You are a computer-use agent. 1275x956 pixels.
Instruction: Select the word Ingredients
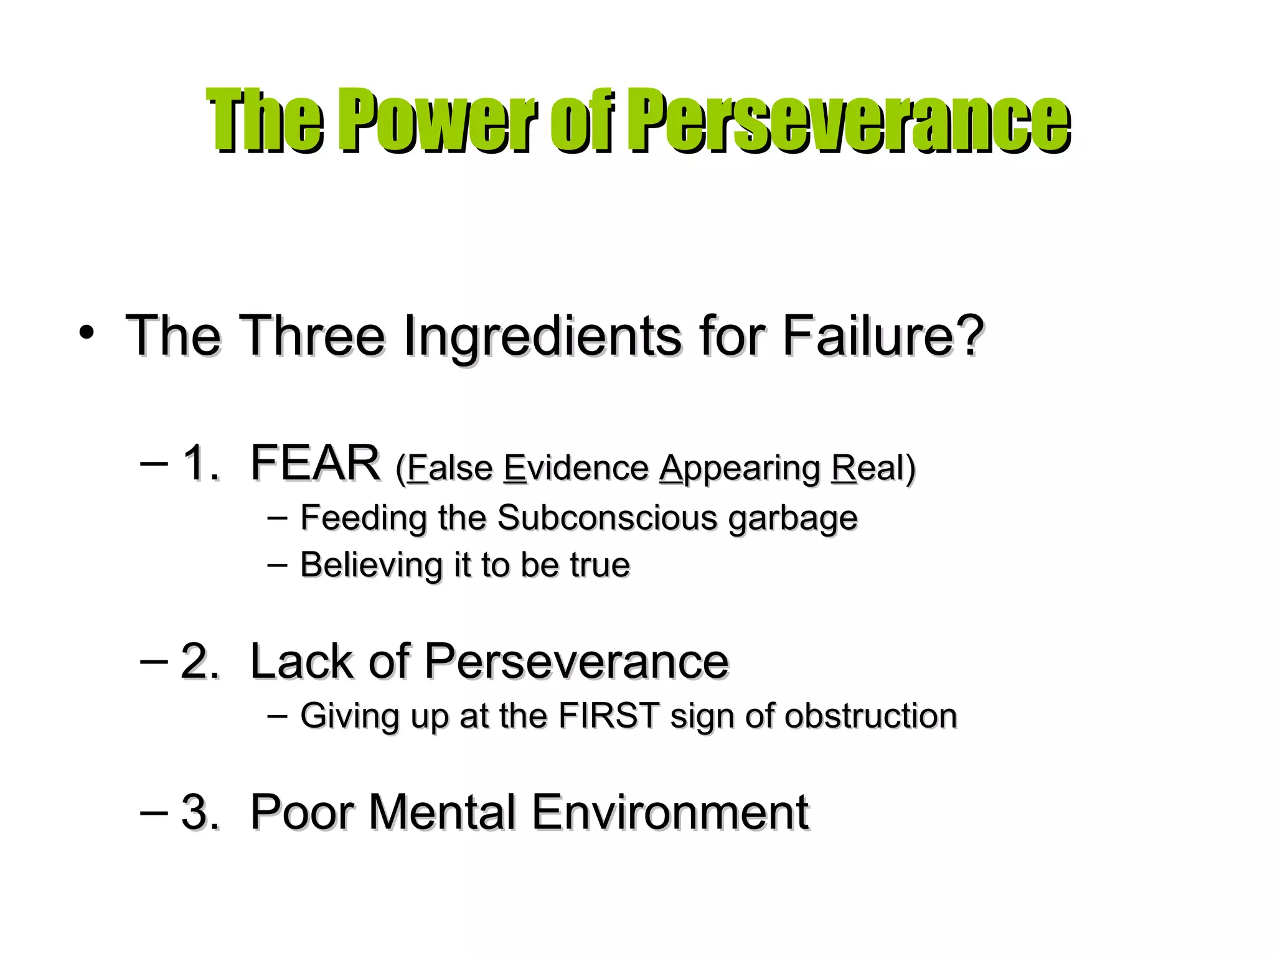coord(542,336)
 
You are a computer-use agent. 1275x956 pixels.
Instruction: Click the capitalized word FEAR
coord(315,463)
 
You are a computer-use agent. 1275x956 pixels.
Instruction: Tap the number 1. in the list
coord(200,463)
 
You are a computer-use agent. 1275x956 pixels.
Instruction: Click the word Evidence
coord(576,468)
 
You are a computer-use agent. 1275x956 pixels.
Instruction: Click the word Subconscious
coord(608,518)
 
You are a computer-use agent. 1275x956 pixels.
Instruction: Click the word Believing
coord(372,565)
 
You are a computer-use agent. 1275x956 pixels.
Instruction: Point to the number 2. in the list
coord(200,661)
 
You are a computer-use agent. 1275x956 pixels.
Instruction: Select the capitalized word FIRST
coord(609,716)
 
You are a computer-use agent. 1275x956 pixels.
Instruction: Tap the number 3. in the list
coord(200,812)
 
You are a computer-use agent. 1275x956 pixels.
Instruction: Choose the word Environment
coord(670,812)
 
